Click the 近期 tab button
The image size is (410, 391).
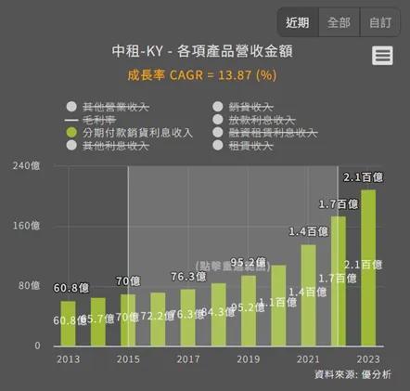click(298, 22)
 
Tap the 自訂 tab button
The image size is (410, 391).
click(379, 22)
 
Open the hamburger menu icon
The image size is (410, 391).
click(382, 57)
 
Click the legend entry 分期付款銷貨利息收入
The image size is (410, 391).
click(137, 133)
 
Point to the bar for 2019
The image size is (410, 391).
click(248, 310)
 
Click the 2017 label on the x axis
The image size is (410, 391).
click(188, 358)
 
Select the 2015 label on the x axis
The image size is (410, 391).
click(128, 358)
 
